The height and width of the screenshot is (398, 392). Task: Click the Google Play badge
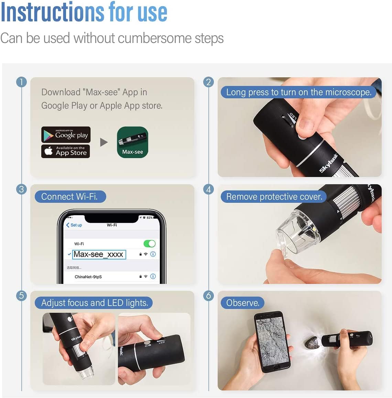66,135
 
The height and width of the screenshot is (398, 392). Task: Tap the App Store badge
66,151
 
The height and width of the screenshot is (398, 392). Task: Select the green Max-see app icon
132,142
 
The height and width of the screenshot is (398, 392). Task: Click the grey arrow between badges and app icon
104,142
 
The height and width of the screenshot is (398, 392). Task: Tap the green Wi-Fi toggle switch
150,244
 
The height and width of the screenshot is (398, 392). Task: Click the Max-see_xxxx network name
99,254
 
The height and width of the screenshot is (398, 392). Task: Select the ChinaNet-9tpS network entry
88,277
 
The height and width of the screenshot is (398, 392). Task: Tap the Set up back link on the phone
74,225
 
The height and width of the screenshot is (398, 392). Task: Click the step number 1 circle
21,82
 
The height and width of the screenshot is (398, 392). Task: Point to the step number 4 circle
208,189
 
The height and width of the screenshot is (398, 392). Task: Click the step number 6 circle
208,295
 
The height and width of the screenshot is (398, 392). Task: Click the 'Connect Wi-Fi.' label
70,197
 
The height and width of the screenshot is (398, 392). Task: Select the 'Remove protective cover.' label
274,197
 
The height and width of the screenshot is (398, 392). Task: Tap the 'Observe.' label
242,303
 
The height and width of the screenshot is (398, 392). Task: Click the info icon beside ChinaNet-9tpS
153,276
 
